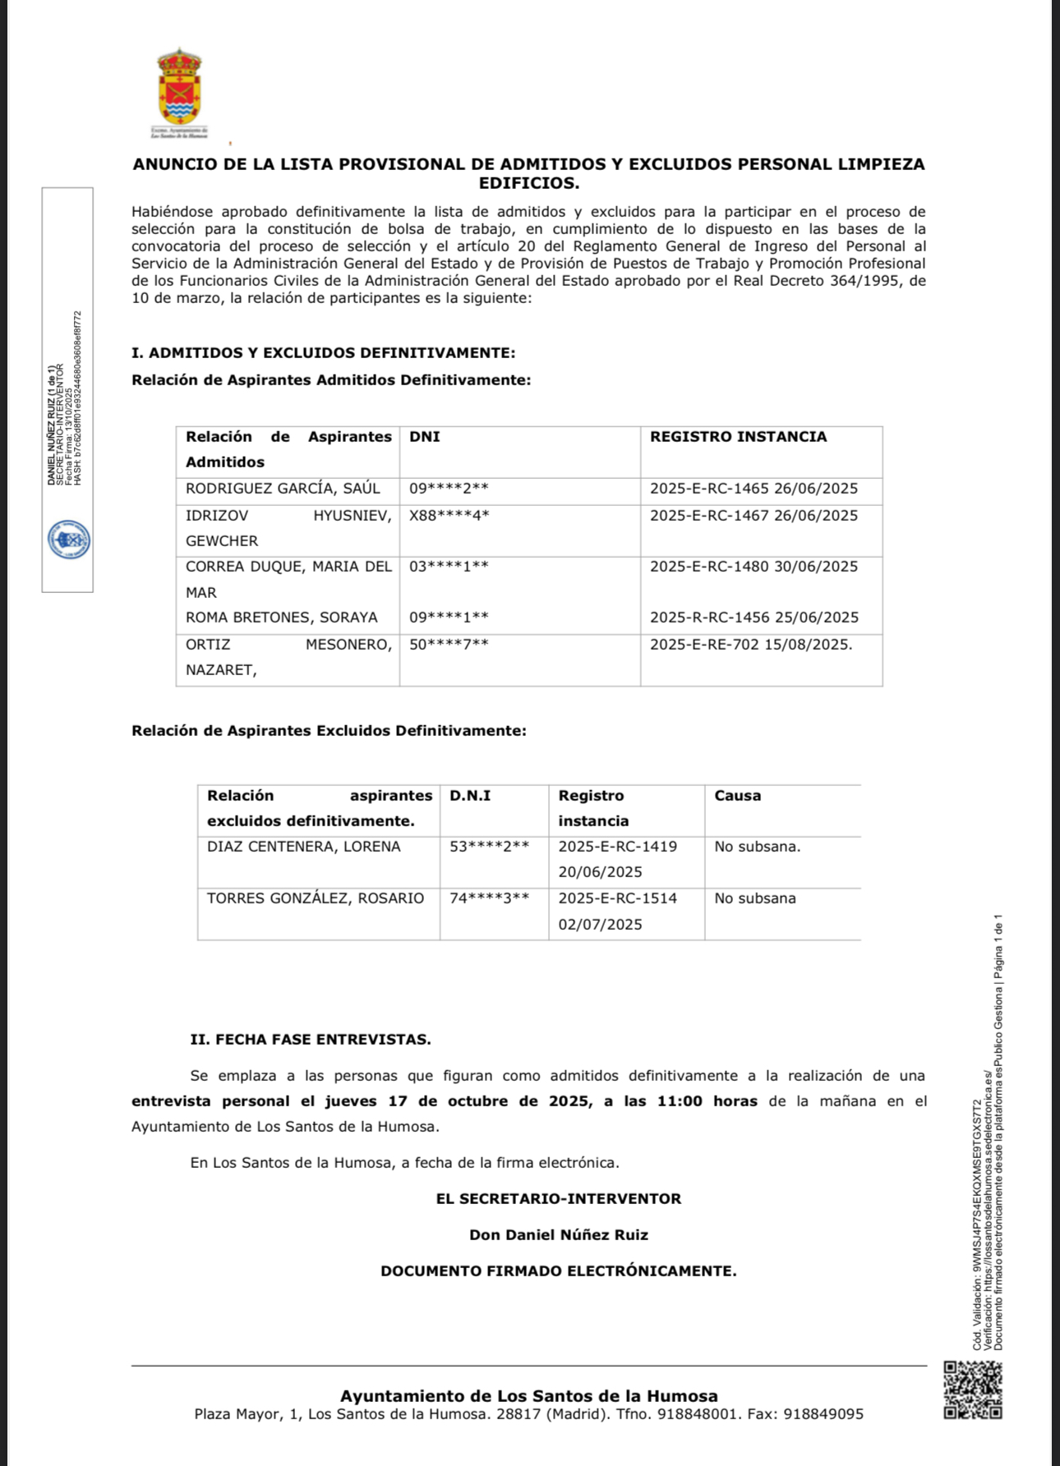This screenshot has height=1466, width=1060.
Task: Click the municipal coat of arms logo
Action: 179,87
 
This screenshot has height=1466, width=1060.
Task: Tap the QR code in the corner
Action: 973,1390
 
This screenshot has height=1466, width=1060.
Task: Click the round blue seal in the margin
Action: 69,540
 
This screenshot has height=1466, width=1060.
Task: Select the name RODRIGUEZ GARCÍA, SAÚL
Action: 283,489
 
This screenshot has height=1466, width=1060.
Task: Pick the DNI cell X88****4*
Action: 449,516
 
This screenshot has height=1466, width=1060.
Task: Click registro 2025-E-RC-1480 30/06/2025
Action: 754,567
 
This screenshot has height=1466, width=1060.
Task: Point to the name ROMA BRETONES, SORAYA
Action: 282,618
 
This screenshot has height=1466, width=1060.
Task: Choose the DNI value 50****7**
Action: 449,645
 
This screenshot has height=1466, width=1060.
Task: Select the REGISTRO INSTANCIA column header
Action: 738,437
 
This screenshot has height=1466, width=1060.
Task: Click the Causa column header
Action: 737,795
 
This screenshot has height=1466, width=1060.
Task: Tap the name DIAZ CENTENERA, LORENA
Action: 304,847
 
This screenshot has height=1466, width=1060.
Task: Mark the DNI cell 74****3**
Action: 489,898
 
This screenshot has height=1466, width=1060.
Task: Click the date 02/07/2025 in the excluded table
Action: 600,924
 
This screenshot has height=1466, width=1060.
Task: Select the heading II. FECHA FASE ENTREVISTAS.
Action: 311,1039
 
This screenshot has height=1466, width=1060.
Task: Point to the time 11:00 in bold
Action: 680,1101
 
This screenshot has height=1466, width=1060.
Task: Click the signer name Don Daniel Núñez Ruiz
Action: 559,1234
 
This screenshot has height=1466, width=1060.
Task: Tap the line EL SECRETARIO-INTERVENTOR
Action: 559,1198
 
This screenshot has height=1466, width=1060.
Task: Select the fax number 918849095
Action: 823,1414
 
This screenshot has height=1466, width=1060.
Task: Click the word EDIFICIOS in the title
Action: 529,183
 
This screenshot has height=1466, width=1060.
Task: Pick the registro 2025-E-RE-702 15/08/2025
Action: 751,645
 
